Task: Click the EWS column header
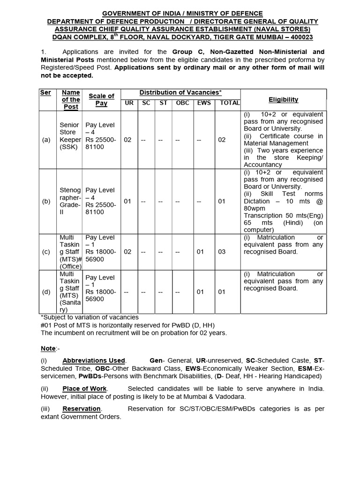203,103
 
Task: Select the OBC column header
183,103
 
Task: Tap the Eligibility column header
283,99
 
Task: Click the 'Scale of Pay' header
101,99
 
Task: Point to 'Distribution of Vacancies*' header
180,92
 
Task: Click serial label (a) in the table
46,140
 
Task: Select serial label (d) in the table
46,292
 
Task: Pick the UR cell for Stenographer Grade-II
127,201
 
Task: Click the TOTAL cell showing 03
222,252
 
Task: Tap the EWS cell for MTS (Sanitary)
200,292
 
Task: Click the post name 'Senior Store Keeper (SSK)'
70,136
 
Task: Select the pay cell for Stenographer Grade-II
100,201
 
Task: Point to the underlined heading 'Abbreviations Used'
94,360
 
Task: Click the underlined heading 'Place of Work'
85,389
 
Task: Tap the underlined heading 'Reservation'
82,409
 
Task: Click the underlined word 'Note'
48,348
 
